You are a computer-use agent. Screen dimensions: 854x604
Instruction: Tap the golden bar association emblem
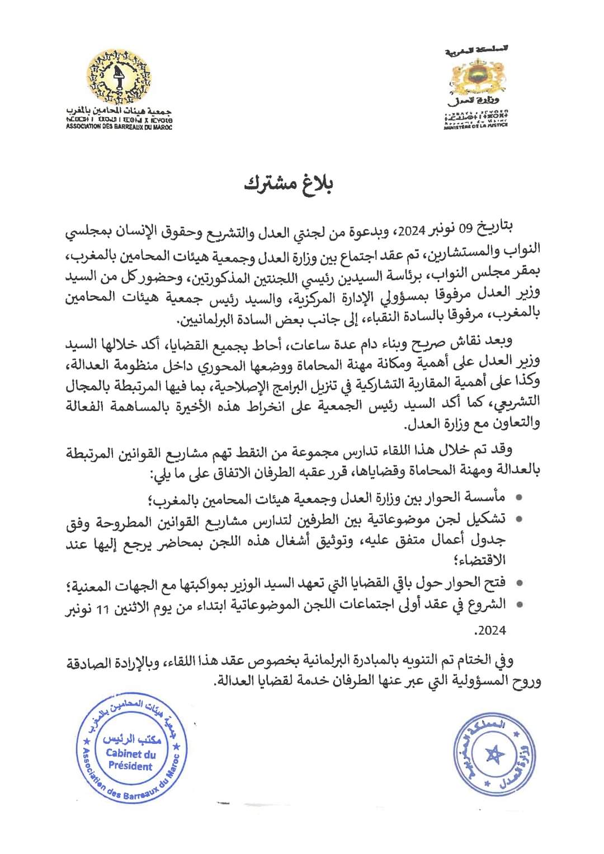pyautogui.click(x=118, y=77)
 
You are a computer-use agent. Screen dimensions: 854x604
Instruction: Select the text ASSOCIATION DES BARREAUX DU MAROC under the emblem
pyautogui.click(x=119, y=127)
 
